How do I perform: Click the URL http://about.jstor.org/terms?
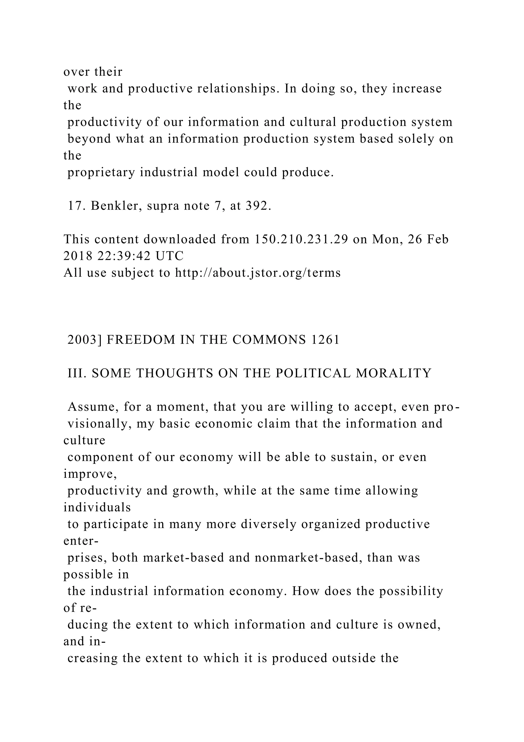(258, 273)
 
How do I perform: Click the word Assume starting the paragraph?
(89, 407)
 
